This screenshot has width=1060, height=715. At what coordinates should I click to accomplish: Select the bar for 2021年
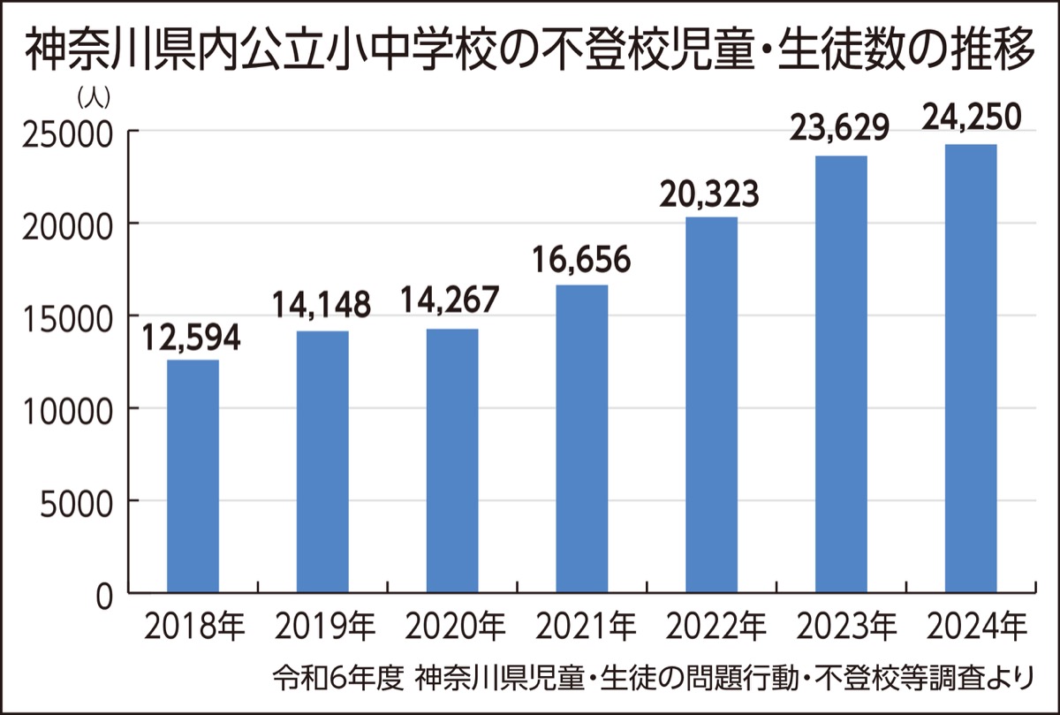(582, 438)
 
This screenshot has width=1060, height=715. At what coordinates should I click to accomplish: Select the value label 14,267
(451, 306)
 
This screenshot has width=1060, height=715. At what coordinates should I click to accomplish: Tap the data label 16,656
(582, 260)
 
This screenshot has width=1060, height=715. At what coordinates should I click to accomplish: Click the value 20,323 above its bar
(710, 194)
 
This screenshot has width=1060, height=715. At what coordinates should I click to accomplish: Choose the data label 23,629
(840, 131)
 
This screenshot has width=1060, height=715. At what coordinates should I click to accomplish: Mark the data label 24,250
(971, 118)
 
